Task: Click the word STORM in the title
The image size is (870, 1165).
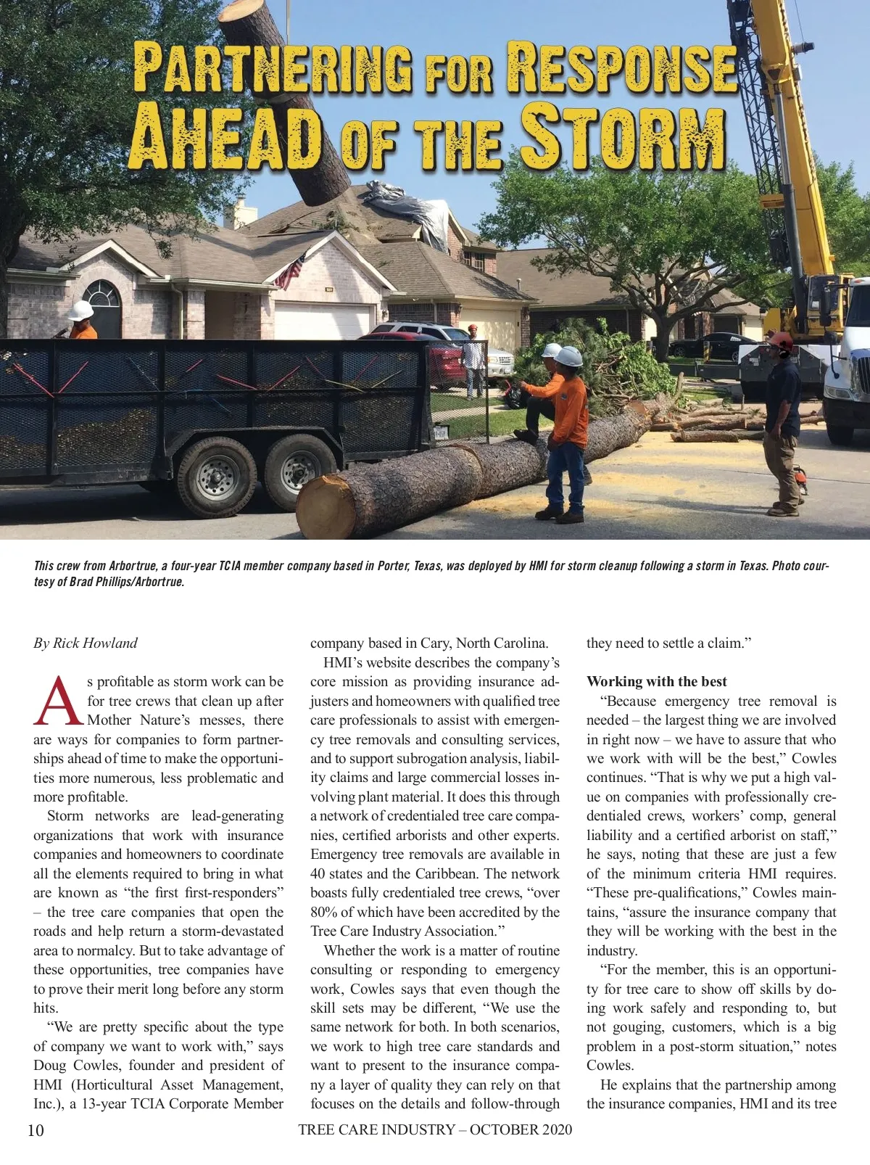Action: [623, 136]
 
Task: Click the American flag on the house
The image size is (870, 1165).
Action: [289, 273]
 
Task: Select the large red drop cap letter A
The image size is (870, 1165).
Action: [58, 701]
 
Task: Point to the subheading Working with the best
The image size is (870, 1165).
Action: [656, 681]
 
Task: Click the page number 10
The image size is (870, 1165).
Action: [36, 1130]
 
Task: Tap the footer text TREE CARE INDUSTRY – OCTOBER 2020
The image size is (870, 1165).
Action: [434, 1129]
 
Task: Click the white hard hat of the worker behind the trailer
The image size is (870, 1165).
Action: [81, 310]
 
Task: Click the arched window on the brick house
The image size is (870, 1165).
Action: [102, 295]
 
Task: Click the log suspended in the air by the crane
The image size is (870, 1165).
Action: [286, 102]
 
